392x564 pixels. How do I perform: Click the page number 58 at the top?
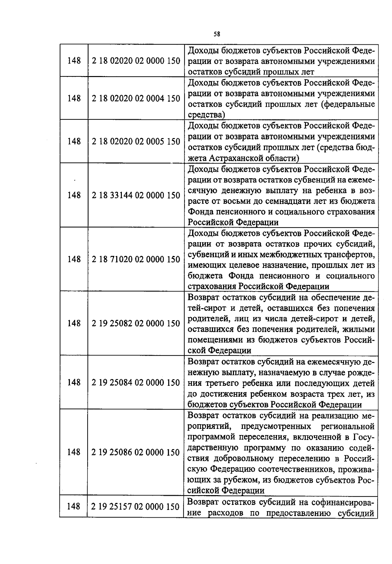(217, 34)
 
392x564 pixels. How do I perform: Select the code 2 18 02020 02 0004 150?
(136, 99)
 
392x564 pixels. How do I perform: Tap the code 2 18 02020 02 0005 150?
(136, 142)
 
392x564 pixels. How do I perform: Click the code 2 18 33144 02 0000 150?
(136, 195)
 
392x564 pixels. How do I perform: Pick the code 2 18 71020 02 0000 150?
(136, 259)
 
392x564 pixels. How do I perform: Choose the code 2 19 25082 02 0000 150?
(136, 323)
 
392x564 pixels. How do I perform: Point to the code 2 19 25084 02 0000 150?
(136, 382)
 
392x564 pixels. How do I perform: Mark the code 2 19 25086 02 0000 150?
(136, 452)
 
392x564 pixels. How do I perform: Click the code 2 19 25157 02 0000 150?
(136, 507)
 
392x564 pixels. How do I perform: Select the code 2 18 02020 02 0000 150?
(136, 61)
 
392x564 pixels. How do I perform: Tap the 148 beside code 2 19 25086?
(74, 452)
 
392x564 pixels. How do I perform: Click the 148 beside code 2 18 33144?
(74, 195)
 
